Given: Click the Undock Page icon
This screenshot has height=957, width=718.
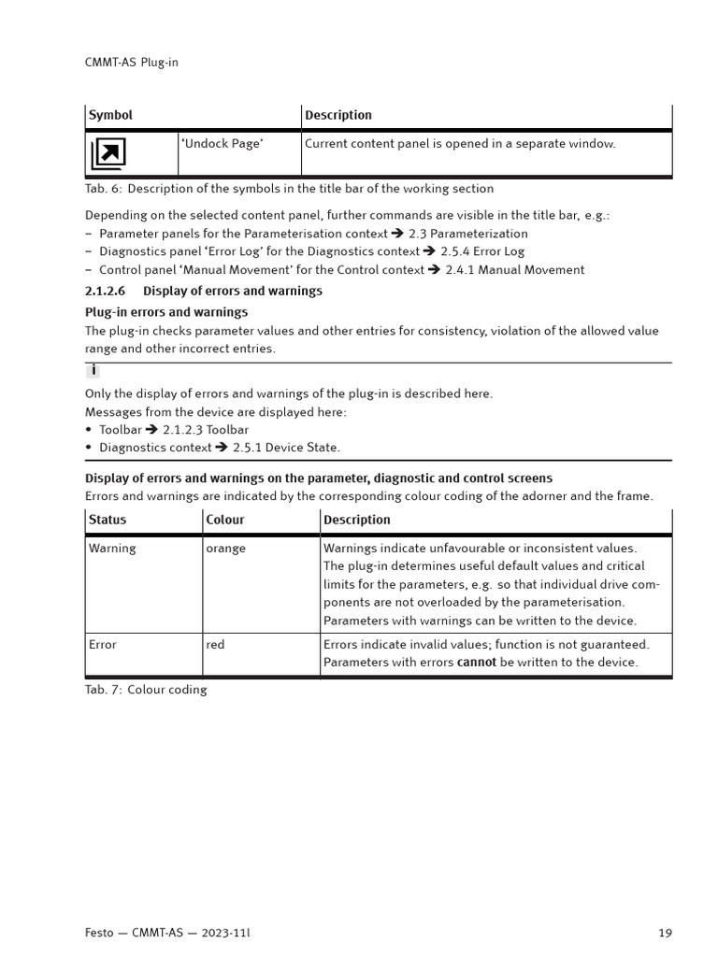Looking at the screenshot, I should [108, 152].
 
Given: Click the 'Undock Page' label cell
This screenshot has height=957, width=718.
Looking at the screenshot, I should [222, 144].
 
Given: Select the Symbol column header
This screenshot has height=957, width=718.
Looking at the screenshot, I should [110, 115].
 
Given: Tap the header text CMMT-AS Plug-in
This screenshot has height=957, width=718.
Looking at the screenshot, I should [131, 63].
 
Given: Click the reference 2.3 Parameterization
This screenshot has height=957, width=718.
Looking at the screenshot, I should [467, 234].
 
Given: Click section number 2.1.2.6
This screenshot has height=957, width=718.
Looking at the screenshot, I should [105, 291].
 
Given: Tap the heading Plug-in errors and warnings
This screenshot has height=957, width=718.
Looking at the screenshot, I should [166, 312].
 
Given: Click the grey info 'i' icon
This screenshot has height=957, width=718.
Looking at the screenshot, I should [93, 371].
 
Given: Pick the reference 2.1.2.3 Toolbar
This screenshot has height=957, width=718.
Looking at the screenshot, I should [206, 430].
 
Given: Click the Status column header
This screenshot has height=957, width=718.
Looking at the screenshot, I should [108, 520].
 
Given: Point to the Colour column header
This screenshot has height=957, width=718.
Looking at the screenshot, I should [225, 520].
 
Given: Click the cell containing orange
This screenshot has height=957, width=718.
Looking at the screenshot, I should [225, 549].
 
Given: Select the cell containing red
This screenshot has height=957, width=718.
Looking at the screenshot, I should [215, 645].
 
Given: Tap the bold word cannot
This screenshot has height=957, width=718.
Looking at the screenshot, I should [476, 663].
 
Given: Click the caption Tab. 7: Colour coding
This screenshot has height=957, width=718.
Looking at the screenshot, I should [146, 690].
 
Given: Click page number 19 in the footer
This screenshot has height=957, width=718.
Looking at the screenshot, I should [665, 933].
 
